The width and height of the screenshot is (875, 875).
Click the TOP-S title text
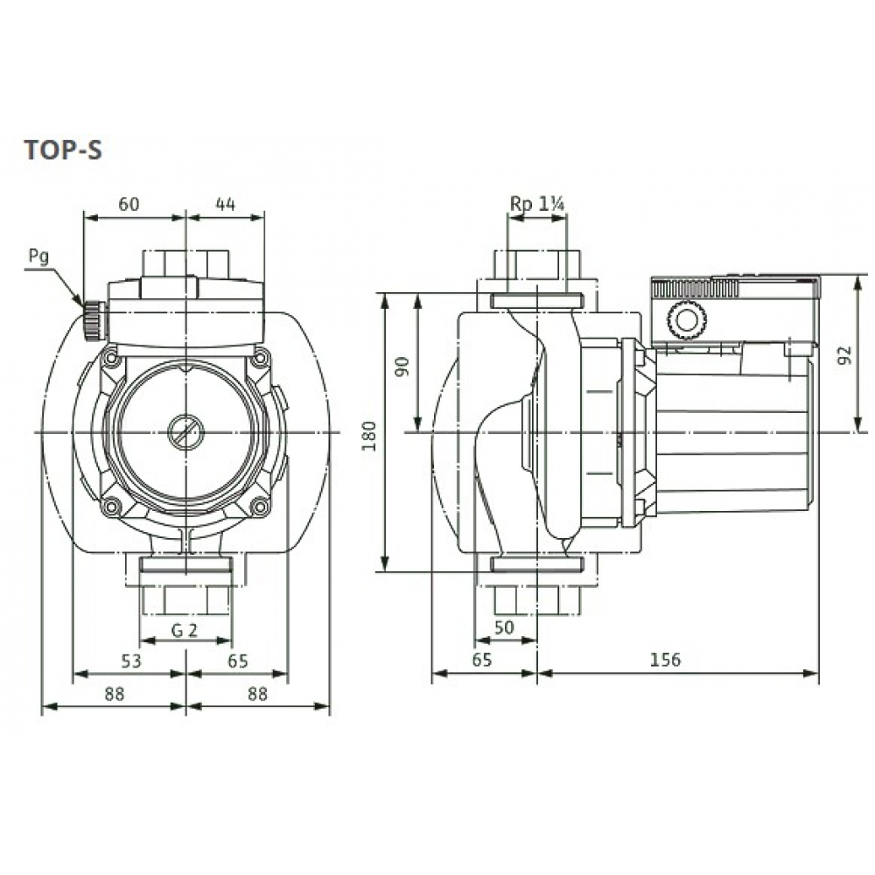(62, 150)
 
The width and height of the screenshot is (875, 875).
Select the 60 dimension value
(129, 205)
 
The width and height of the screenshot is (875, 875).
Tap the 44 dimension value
(225, 205)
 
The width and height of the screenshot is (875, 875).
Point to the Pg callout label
(38, 256)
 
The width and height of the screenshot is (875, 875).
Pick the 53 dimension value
(130, 661)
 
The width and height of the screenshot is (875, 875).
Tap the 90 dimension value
(403, 365)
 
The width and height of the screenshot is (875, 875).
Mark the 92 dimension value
(843, 355)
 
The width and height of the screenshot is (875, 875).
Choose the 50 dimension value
(505, 627)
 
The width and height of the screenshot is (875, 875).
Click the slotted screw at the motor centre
(185, 431)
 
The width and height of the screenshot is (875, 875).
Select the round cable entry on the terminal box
(684, 319)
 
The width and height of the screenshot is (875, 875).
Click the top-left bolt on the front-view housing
(109, 359)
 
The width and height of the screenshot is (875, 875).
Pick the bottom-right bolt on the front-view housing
(259, 507)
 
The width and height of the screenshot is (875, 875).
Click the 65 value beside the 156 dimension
(482, 661)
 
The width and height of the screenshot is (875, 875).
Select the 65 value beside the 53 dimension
(238, 661)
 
